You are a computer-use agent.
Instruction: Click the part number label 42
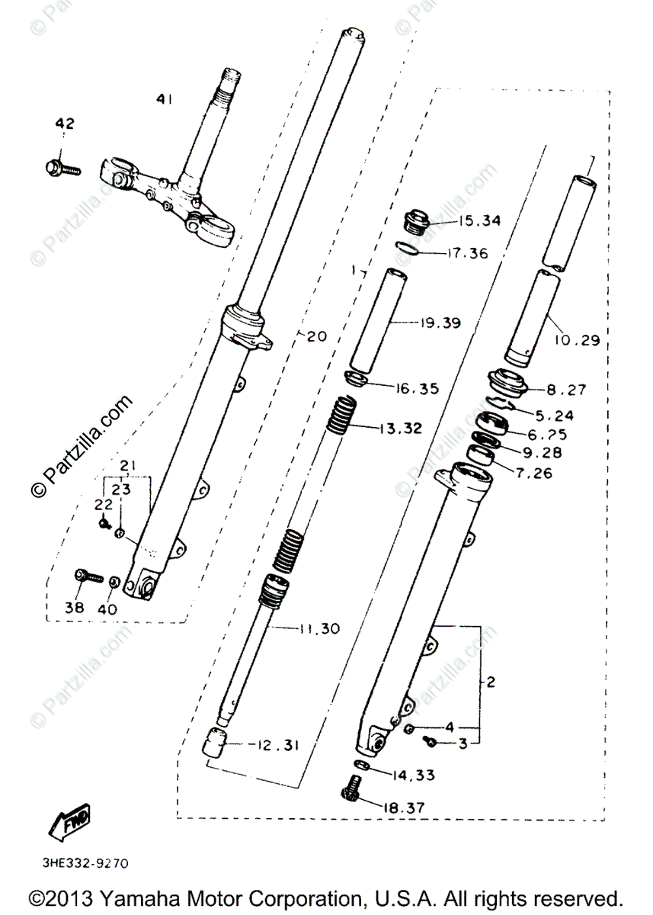click(x=65, y=124)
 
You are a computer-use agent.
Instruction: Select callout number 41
click(x=165, y=98)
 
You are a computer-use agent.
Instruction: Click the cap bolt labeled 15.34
click(x=417, y=221)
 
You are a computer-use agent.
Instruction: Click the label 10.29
click(x=578, y=340)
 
